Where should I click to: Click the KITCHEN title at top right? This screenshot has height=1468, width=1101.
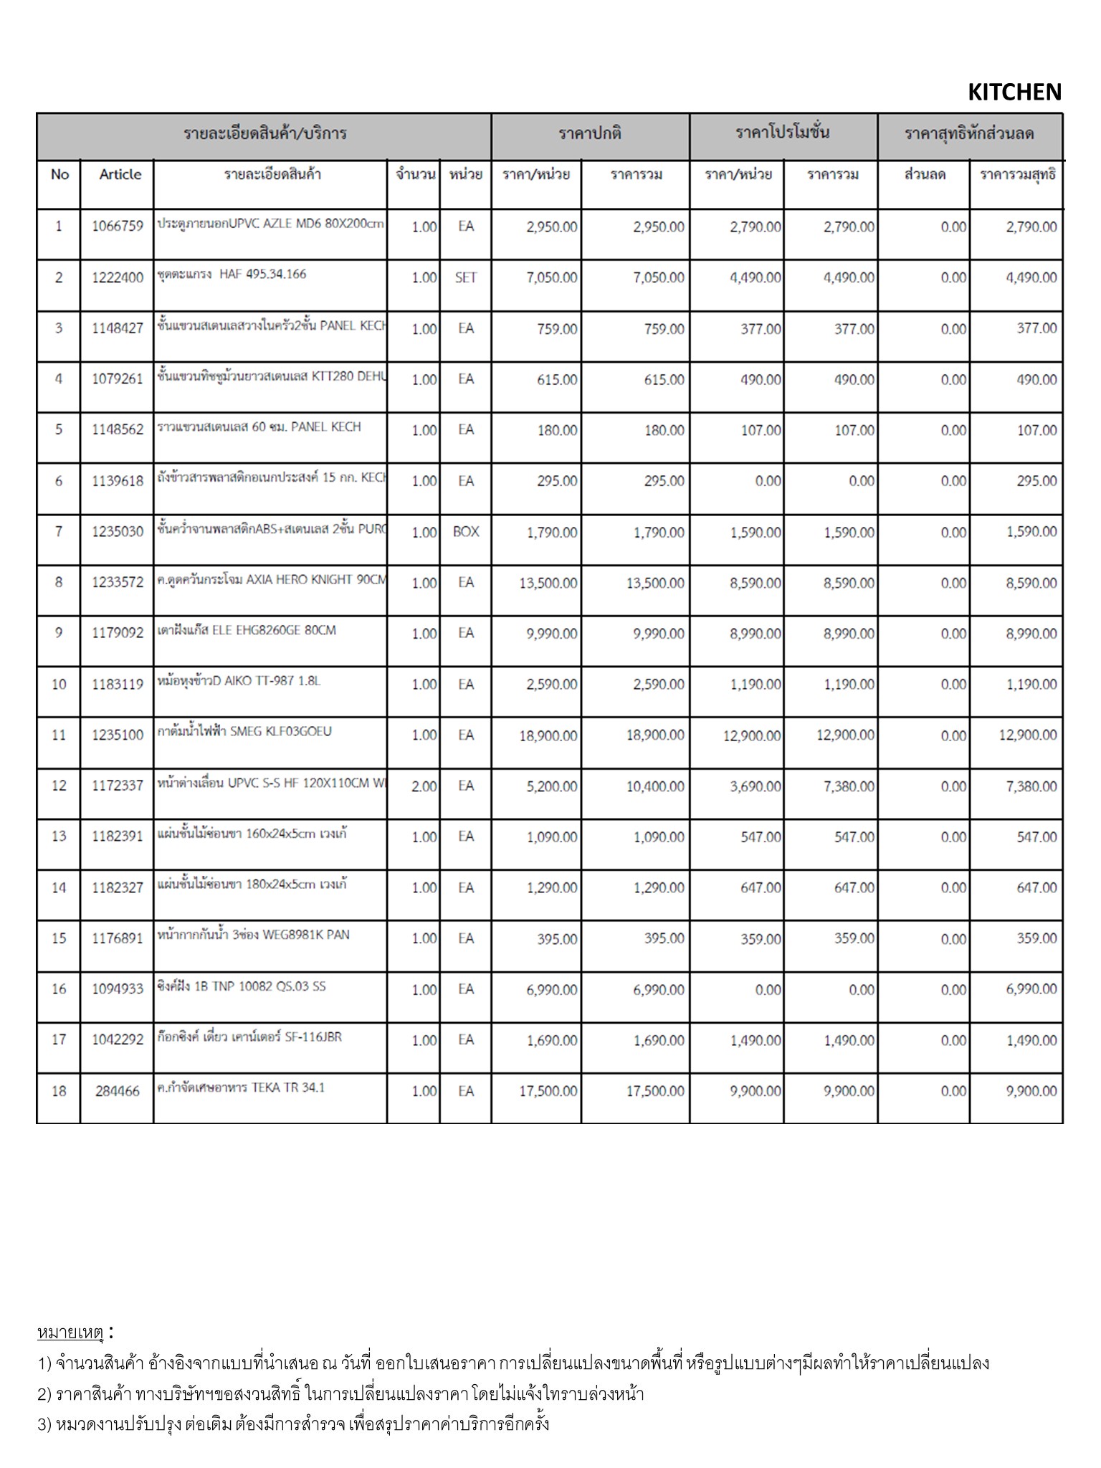[x=1014, y=92]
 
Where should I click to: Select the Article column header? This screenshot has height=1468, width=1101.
[x=120, y=174]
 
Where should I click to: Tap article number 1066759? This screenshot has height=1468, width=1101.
[x=118, y=227]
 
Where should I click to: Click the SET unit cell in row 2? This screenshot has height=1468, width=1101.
[x=466, y=277]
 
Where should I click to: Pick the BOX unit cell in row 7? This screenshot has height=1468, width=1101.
[x=466, y=532]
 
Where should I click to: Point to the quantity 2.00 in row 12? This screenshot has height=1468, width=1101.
[x=424, y=786]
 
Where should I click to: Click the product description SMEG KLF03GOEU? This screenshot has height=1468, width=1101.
[x=244, y=732]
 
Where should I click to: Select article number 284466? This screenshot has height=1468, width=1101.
[x=118, y=1091]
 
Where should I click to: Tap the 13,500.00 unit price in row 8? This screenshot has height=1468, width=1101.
[x=548, y=583]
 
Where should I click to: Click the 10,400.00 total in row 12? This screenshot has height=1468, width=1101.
[x=655, y=786]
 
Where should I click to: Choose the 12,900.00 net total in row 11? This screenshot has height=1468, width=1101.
[x=1028, y=735]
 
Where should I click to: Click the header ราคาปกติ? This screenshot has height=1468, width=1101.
[x=590, y=133]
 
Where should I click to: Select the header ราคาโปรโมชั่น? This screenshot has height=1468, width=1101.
[x=783, y=133]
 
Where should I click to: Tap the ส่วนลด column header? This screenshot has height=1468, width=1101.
[x=925, y=174]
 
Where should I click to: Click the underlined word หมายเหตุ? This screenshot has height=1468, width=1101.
[x=70, y=1333]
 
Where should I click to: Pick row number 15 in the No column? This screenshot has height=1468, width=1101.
[x=59, y=938]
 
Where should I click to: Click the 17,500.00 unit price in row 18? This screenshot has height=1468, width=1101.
[x=548, y=1091]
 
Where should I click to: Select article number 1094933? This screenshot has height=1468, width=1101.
[x=118, y=989]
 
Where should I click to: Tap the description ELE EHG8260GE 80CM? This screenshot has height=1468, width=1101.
[x=247, y=630]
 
